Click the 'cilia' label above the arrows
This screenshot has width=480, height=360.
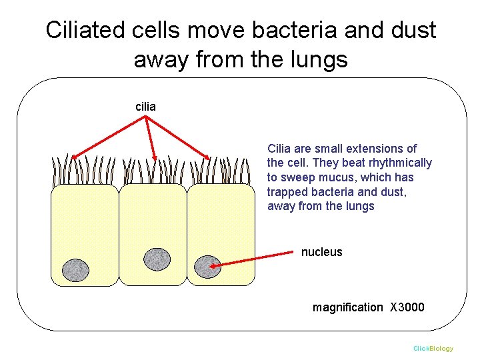pos(145,105)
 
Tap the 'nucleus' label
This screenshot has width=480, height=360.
pos(321,252)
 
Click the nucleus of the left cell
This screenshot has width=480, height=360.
pos(75,270)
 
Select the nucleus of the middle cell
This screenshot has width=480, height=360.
pos(157,259)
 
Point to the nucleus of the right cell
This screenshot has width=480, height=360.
pos(207,266)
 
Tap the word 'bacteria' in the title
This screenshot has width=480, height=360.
pos(294,30)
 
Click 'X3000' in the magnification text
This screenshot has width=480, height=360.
pos(407,307)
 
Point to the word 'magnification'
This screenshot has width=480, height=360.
pos(348,307)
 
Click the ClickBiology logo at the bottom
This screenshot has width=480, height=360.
pos(433,349)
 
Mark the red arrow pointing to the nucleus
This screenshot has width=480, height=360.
pos(253,259)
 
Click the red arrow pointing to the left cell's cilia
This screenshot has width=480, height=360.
pos(107,137)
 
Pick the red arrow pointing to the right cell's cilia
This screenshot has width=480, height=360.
pos(178,138)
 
